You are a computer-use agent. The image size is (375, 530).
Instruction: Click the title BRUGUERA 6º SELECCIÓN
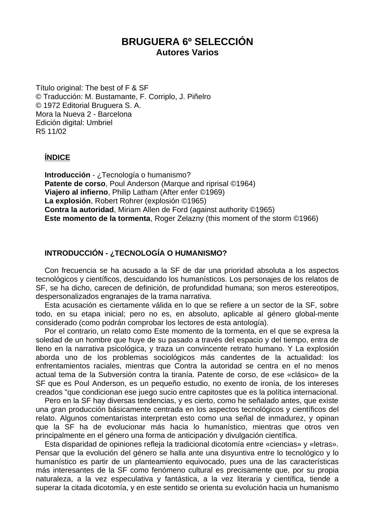coord(187,42)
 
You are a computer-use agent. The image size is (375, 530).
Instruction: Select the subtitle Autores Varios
coord(187,53)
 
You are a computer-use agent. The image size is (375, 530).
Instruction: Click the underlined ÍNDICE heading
coord(57,157)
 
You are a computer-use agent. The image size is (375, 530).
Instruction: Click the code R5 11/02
coord(51,131)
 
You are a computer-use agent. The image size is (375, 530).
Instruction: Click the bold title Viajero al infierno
coord(76,192)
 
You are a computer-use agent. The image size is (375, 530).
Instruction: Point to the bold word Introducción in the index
coord(67,175)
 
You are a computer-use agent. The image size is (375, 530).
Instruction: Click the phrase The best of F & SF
coord(117,88)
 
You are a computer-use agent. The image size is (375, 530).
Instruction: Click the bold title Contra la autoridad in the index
coord(79,210)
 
